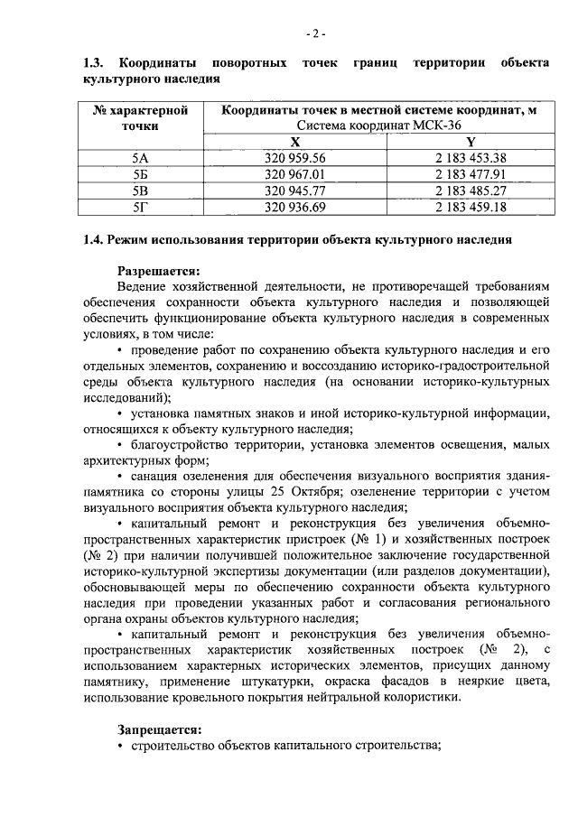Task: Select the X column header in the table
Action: pyautogui.click(x=294, y=142)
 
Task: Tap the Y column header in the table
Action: pyautogui.click(x=470, y=142)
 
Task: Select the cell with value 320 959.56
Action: pyautogui.click(x=295, y=158)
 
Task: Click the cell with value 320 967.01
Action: pyautogui.click(x=295, y=174)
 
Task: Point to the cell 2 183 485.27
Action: pyautogui.click(x=470, y=190)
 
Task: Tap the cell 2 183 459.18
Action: pyautogui.click(x=470, y=207)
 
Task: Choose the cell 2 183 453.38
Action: pyautogui.click(x=470, y=158)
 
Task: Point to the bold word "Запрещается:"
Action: pyautogui.click(x=160, y=729)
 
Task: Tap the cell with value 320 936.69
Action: pyautogui.click(x=295, y=207)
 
